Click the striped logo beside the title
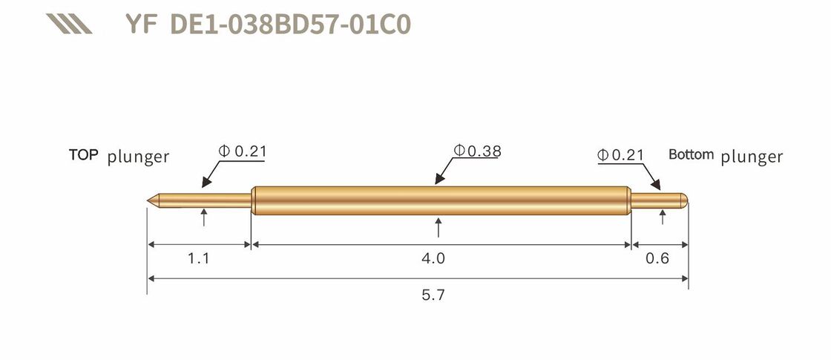68,24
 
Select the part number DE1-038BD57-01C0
290,24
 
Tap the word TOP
84,155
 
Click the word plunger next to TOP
138,157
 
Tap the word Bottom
691,154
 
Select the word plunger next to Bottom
752,157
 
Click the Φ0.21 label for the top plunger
242,151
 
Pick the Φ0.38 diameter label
478,151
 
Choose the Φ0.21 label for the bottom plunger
620,155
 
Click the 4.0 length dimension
433,258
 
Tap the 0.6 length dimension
658,258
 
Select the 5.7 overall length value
433,295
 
